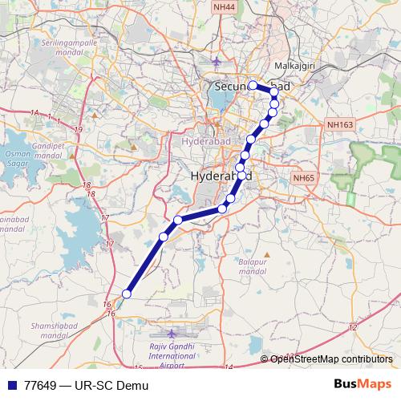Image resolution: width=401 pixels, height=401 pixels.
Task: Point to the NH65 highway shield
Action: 303,177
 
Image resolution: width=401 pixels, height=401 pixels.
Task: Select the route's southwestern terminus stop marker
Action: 126,294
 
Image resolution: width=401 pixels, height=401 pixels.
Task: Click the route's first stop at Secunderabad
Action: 253,85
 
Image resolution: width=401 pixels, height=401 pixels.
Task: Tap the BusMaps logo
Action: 368,385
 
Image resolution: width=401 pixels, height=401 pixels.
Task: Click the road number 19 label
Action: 78,129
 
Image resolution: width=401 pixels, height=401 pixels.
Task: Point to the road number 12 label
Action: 353,327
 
